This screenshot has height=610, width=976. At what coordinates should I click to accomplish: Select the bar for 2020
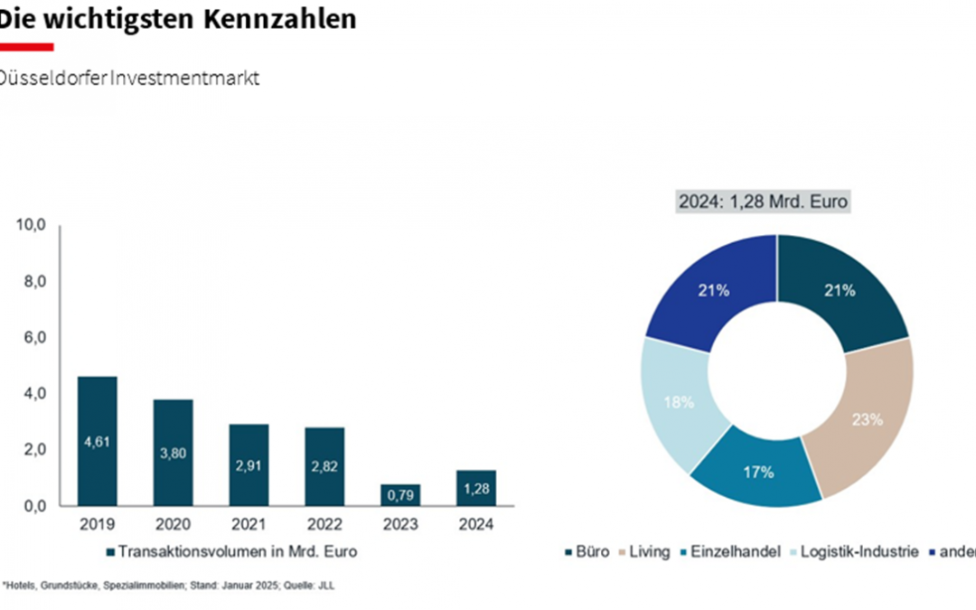click(x=173, y=452)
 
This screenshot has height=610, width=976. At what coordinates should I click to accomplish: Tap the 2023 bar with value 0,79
click(x=400, y=495)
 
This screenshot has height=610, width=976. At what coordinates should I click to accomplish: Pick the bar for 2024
click(x=476, y=488)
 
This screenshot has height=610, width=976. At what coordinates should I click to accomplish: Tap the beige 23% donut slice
click(x=866, y=418)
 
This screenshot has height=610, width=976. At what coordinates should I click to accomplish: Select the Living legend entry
click(x=646, y=551)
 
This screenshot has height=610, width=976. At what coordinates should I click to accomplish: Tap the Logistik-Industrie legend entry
click(x=859, y=551)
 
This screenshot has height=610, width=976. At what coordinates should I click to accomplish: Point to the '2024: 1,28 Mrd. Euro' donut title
click(x=764, y=201)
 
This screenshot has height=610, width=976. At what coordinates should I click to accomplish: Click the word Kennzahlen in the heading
click(x=288, y=18)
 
